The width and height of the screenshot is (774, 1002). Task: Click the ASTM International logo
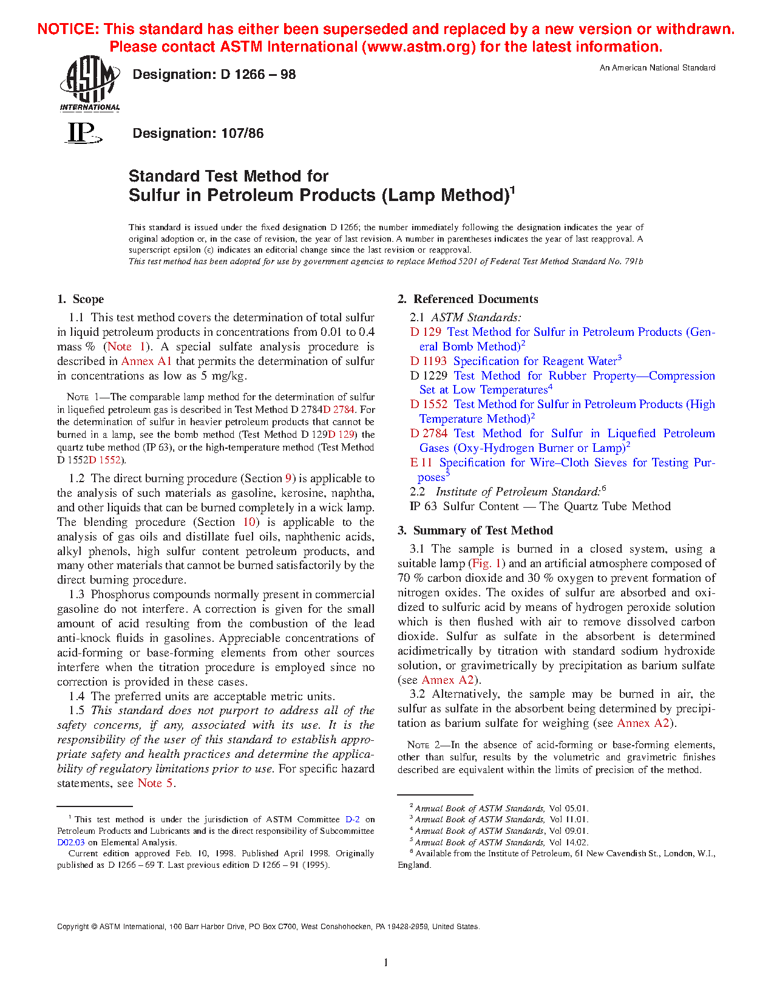click(x=89, y=83)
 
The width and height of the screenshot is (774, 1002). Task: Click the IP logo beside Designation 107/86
click(x=83, y=132)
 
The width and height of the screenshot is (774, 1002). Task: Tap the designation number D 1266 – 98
click(x=258, y=75)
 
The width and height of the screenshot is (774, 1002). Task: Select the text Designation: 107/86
click(x=198, y=134)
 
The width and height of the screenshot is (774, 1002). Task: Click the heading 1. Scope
click(x=81, y=299)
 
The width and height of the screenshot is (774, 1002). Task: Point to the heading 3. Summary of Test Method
click(x=475, y=530)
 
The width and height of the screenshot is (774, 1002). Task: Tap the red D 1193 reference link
click(x=429, y=361)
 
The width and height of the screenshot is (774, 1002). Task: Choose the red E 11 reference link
click(x=421, y=463)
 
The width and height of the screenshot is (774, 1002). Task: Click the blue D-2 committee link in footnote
click(x=352, y=820)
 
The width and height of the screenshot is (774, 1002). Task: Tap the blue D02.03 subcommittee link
click(x=71, y=843)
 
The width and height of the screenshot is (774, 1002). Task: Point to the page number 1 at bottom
click(x=386, y=962)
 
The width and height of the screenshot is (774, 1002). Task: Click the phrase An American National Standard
click(x=657, y=68)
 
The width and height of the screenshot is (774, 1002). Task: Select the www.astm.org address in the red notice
click(x=418, y=47)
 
